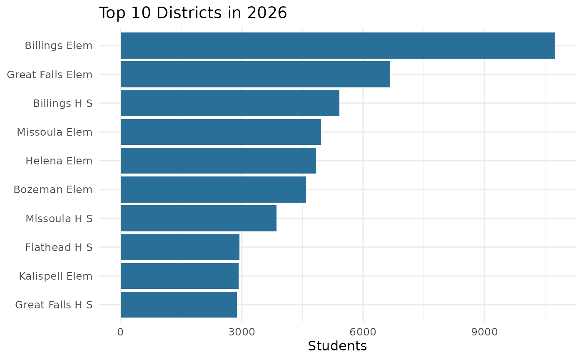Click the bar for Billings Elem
(x=337, y=45)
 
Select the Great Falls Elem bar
(x=255, y=74)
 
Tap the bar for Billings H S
(x=230, y=103)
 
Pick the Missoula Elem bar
(x=221, y=132)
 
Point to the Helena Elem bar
(x=218, y=161)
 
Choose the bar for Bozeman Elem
(x=213, y=189)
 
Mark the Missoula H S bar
(x=198, y=218)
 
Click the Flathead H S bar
(x=180, y=247)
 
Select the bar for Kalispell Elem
(x=179, y=276)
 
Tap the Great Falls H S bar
(x=179, y=305)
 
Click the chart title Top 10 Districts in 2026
(x=192, y=13)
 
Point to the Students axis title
(x=337, y=346)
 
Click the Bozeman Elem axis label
(x=53, y=190)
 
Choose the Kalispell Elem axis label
(x=55, y=276)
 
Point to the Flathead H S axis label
(x=59, y=247)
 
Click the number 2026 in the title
(x=268, y=13)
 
